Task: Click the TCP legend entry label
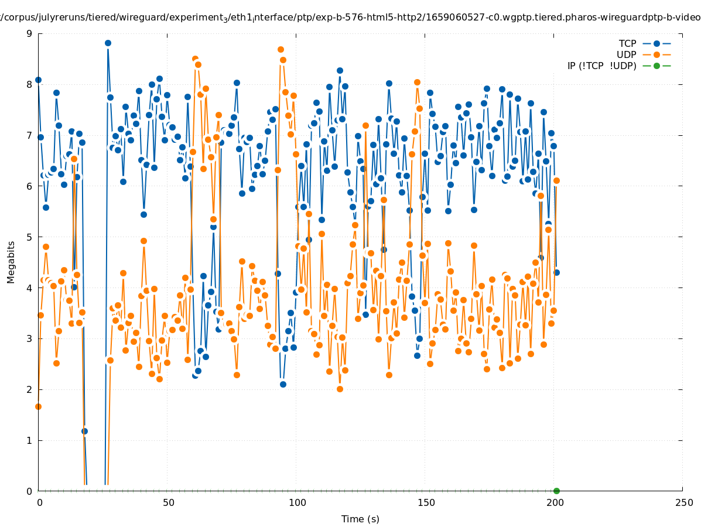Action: point(627,43)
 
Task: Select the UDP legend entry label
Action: point(626,54)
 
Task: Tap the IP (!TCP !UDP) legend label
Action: point(601,66)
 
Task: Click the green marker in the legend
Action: point(656,66)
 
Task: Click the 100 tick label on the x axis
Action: point(297,502)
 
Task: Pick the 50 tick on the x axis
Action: point(168,502)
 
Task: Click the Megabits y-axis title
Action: point(11,262)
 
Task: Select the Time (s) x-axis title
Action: point(360,519)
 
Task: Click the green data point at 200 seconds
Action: point(556,491)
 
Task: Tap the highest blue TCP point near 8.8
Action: point(108,43)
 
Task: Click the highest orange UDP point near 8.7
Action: point(281,50)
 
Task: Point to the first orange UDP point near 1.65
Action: point(38,406)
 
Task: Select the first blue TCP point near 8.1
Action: point(38,80)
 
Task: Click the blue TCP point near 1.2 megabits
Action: point(84,431)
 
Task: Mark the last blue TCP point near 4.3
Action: point(556,272)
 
